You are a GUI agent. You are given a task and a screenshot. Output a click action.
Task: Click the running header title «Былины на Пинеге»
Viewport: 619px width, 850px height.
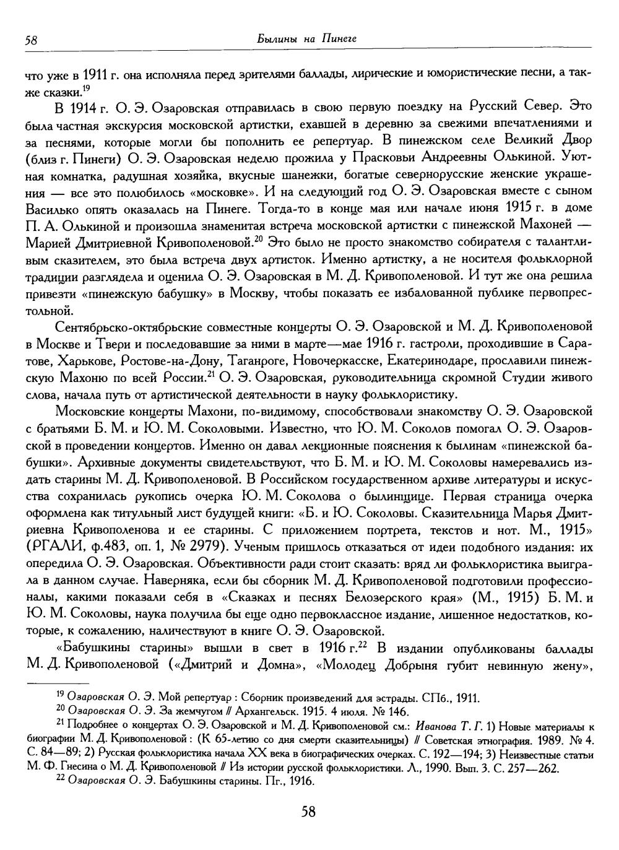(x=307, y=40)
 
